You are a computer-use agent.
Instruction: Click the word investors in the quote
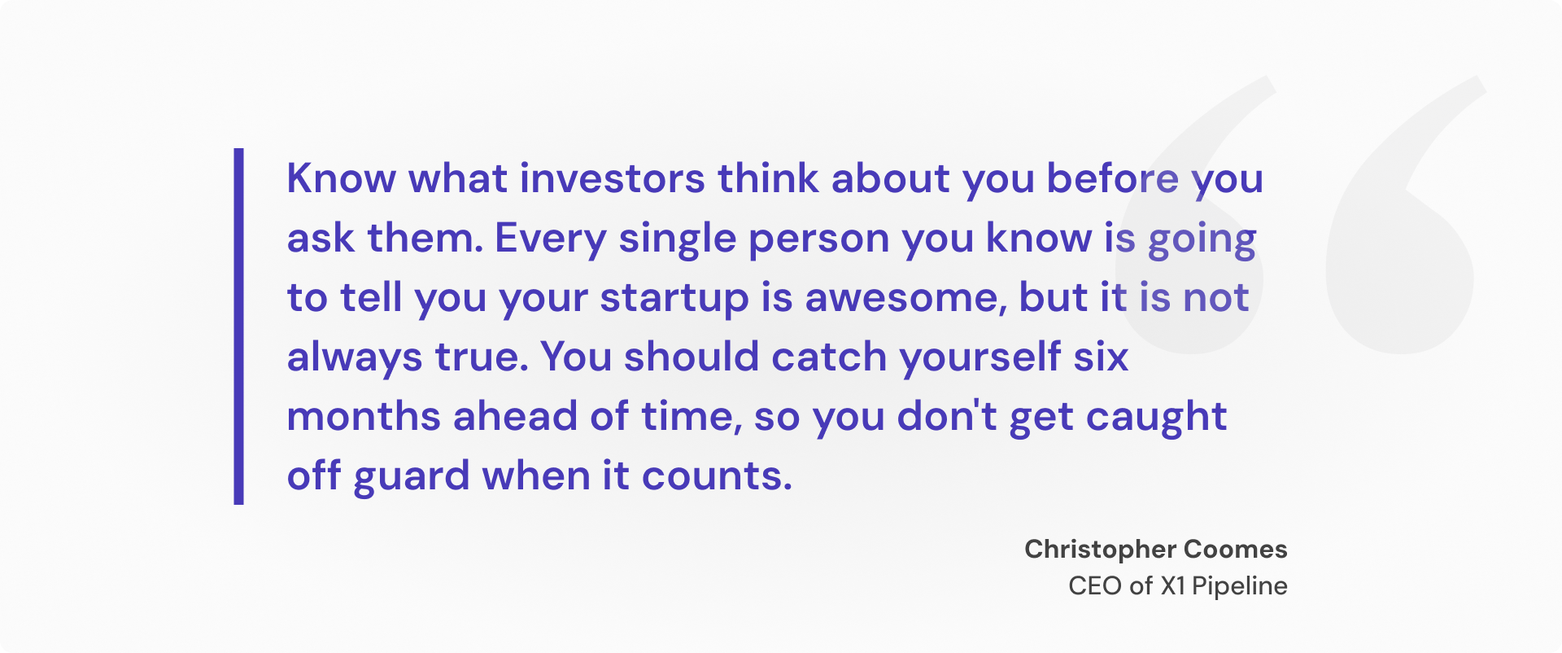(x=612, y=178)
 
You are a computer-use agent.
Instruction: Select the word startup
(x=674, y=298)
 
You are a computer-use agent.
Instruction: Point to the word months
(x=364, y=417)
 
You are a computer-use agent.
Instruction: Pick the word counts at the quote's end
(x=716, y=476)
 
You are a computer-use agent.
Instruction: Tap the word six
(x=1101, y=357)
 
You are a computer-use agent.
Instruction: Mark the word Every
(x=550, y=239)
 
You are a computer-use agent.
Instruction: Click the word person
(x=818, y=239)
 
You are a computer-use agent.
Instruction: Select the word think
(x=767, y=178)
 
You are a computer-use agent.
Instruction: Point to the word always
(x=355, y=357)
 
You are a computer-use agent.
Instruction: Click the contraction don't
(x=947, y=417)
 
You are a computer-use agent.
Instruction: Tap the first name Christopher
(x=1100, y=550)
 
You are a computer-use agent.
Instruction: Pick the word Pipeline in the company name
(x=1239, y=586)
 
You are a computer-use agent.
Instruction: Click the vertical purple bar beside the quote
(x=238, y=326)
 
